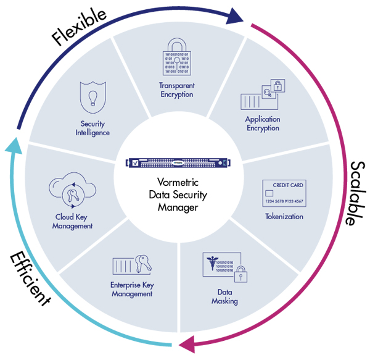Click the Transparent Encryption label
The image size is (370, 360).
(x=176, y=90)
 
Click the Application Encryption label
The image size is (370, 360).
(x=263, y=123)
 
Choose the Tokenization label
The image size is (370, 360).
(x=284, y=217)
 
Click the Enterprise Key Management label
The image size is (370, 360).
(x=131, y=289)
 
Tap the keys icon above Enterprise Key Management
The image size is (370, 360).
(x=146, y=264)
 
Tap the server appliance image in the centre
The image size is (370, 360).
(x=177, y=162)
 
